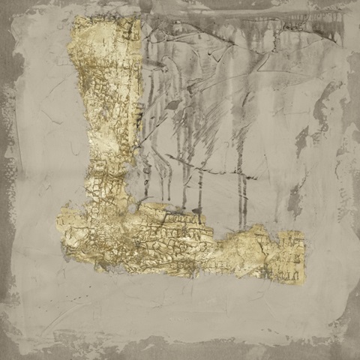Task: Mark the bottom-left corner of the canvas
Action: pos(6,353)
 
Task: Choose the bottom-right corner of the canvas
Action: pos(353,353)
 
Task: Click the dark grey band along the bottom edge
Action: pos(180,351)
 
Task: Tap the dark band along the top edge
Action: pos(225,6)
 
